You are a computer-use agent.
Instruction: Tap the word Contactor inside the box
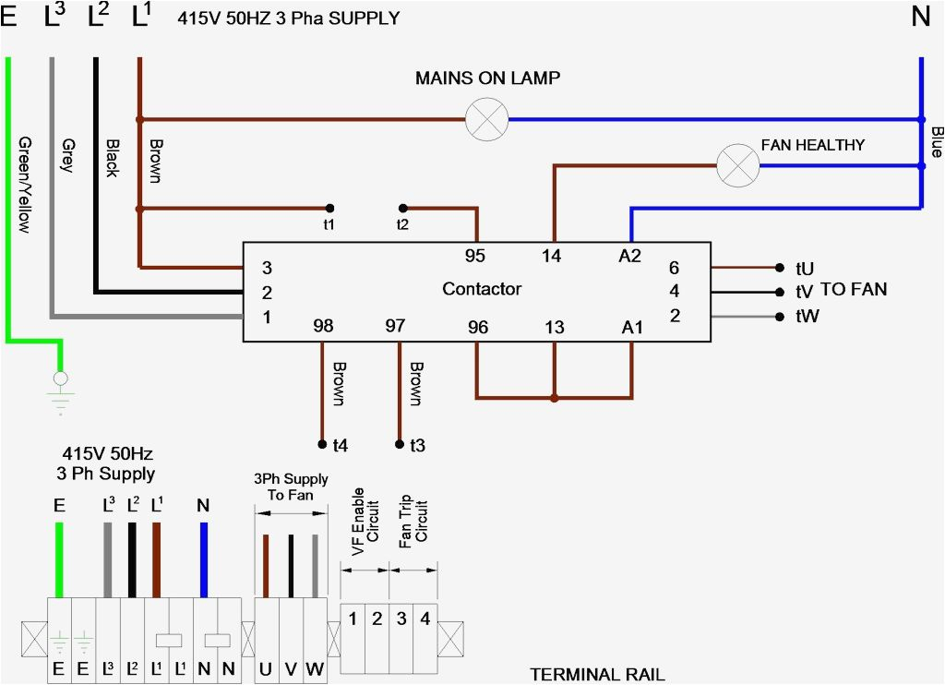click(482, 289)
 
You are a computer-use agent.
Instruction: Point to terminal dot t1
click(329, 208)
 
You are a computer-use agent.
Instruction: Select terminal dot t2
click(403, 208)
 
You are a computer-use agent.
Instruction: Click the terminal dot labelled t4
click(322, 444)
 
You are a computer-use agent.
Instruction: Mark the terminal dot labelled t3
click(400, 444)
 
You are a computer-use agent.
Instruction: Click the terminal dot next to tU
click(780, 268)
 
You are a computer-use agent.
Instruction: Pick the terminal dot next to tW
click(780, 317)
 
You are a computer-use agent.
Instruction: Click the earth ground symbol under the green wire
click(60, 393)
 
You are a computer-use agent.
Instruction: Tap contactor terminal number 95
click(475, 256)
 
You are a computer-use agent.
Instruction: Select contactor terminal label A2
click(629, 257)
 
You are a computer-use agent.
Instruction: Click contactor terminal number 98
click(323, 326)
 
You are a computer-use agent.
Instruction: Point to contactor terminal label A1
click(632, 328)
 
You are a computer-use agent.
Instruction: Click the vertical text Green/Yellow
click(25, 185)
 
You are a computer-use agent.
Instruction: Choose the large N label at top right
click(921, 16)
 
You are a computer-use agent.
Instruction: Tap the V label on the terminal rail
click(291, 668)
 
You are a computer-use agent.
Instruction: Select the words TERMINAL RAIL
click(597, 674)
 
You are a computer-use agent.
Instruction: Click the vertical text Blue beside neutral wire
click(937, 142)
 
